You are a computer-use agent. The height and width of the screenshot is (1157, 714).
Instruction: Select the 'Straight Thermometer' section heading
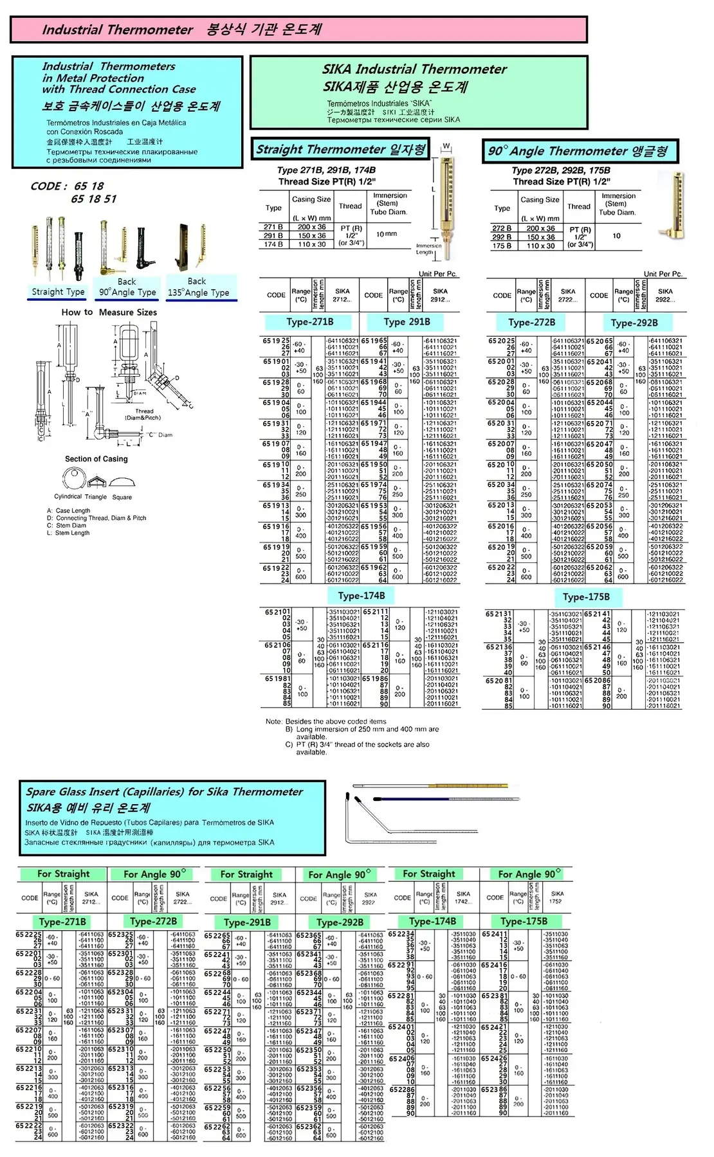tap(340, 150)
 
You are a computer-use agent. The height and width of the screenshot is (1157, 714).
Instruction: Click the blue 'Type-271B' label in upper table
tap(309, 322)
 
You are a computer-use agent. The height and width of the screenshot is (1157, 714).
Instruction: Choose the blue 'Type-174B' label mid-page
tap(361, 595)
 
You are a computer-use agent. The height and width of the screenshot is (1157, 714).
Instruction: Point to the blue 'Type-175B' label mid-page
tap(586, 596)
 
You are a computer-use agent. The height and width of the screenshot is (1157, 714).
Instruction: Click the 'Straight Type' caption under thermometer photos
tap(58, 292)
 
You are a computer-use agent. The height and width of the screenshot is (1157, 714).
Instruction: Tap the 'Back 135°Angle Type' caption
tap(198, 287)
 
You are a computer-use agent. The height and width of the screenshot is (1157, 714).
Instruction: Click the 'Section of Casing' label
tap(96, 459)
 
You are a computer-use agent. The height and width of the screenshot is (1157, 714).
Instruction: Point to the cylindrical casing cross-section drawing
tap(74, 478)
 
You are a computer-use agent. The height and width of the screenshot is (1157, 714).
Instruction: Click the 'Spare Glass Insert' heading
tap(164, 792)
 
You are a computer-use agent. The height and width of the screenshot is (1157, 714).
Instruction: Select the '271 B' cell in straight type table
tap(273, 227)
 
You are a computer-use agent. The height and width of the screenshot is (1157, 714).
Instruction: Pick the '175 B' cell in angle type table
tap(502, 246)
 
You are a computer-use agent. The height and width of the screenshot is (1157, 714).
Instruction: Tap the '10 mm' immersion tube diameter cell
tap(386, 234)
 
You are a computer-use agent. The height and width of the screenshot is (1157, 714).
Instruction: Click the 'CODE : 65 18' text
tap(67, 186)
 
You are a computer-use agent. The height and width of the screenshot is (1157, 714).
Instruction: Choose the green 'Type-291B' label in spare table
tap(247, 921)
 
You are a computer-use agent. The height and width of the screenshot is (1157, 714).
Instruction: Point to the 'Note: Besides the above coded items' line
tap(326, 721)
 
